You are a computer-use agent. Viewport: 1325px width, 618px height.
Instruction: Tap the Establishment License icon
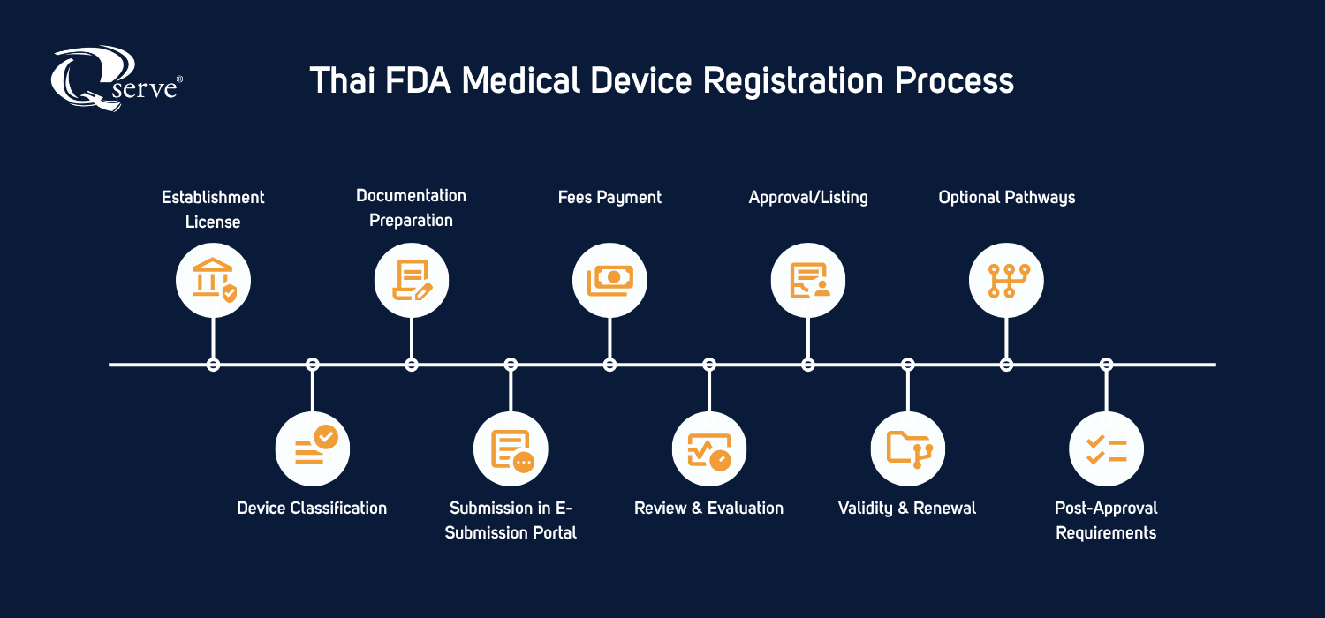click(x=213, y=280)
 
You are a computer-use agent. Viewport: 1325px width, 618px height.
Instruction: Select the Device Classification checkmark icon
click(x=313, y=448)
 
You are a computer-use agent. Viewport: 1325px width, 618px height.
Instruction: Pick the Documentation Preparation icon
click(x=412, y=280)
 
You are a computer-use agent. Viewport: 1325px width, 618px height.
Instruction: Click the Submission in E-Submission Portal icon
click(x=511, y=448)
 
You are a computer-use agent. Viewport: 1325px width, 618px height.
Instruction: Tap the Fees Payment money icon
click(x=609, y=280)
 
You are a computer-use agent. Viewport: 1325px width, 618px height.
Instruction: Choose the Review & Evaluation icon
click(x=709, y=448)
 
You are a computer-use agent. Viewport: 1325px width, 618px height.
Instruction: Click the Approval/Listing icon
click(x=808, y=280)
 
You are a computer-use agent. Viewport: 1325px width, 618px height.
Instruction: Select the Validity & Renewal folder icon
click(x=908, y=448)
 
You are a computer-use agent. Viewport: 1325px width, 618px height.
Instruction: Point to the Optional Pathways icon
click(x=1006, y=280)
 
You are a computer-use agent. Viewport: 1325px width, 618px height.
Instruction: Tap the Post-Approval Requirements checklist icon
click(x=1106, y=448)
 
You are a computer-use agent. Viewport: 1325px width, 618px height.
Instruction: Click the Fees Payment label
click(x=609, y=198)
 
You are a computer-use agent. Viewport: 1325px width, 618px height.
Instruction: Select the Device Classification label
click(x=312, y=509)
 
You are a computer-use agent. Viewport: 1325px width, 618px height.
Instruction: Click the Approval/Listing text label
click(x=808, y=198)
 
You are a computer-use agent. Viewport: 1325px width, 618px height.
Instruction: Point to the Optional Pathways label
click(x=1006, y=198)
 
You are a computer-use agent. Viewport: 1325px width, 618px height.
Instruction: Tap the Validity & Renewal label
click(x=907, y=509)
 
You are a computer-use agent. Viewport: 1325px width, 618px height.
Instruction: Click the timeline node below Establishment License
click(x=213, y=364)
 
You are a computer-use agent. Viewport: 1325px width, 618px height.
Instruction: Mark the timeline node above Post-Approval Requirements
click(x=1106, y=364)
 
